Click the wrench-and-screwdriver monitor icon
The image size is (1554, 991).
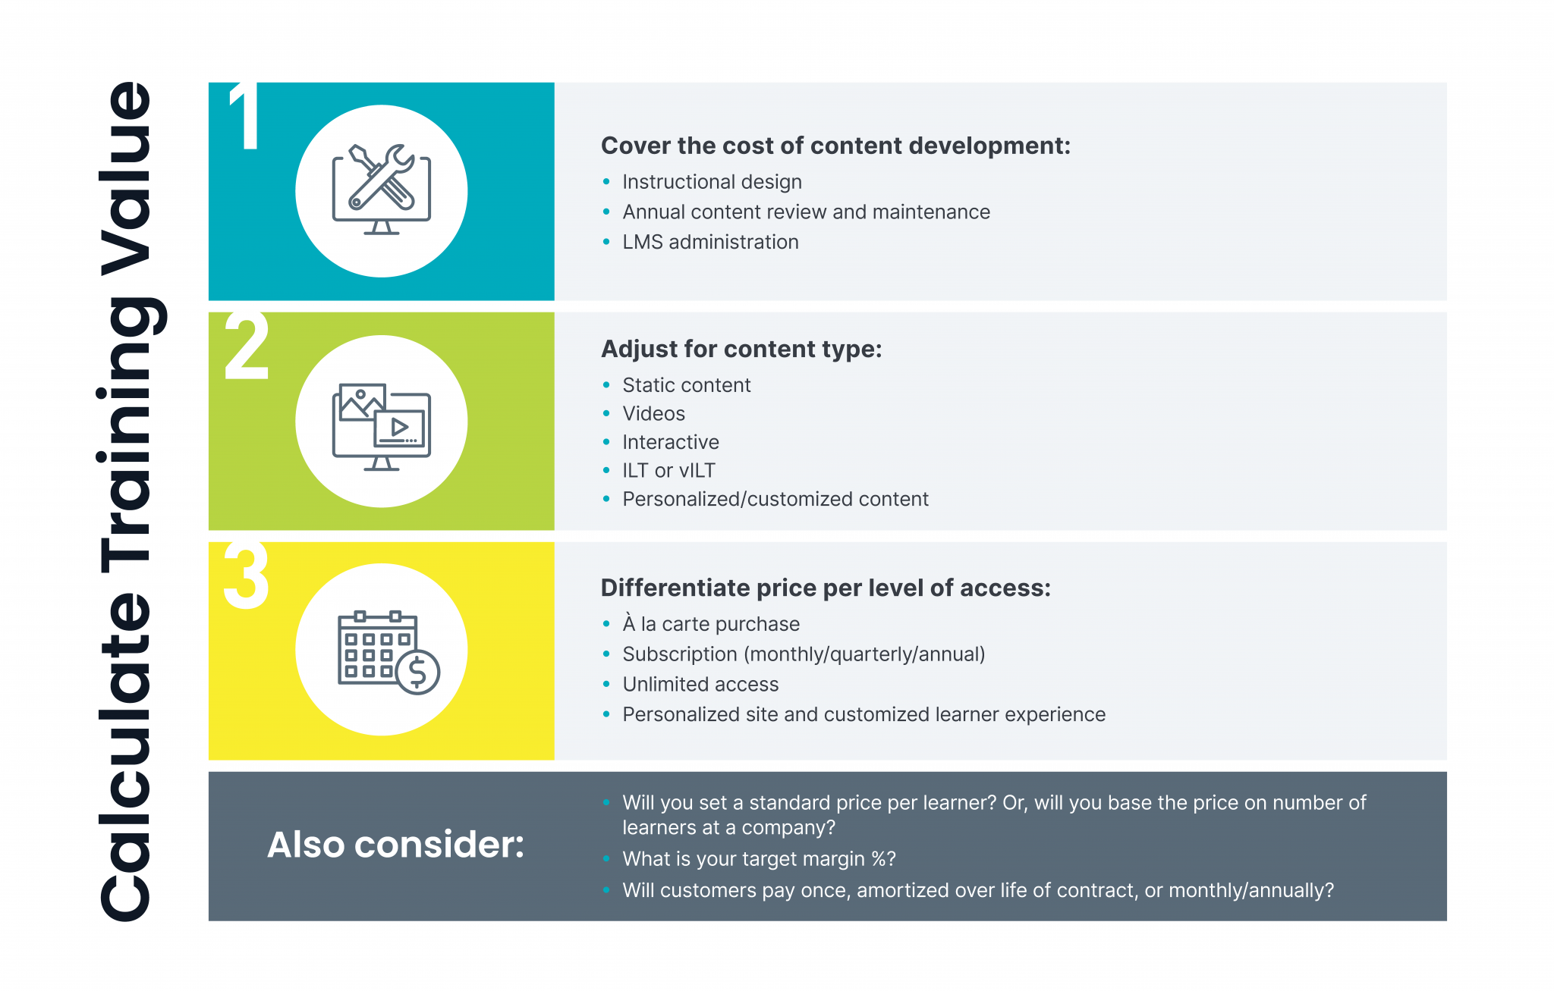(x=381, y=190)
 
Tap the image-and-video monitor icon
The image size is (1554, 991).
(x=381, y=426)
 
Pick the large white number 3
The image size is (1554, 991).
(x=247, y=576)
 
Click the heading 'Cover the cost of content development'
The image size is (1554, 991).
(x=835, y=146)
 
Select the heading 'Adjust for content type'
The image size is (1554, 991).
(x=741, y=349)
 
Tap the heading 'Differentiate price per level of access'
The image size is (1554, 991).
(x=825, y=588)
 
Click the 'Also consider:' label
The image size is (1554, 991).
(x=395, y=845)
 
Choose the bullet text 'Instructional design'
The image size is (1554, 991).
(x=712, y=182)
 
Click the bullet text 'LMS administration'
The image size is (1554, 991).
(x=710, y=242)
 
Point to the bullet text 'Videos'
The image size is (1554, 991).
(x=653, y=413)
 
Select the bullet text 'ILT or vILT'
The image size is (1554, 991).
(x=668, y=471)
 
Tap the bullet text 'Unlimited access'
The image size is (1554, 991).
(x=700, y=684)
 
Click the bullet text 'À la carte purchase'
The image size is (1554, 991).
(x=711, y=624)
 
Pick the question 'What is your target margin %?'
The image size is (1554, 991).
(x=759, y=859)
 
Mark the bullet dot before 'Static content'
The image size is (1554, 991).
(x=606, y=385)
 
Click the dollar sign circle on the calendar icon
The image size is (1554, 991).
(x=417, y=672)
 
